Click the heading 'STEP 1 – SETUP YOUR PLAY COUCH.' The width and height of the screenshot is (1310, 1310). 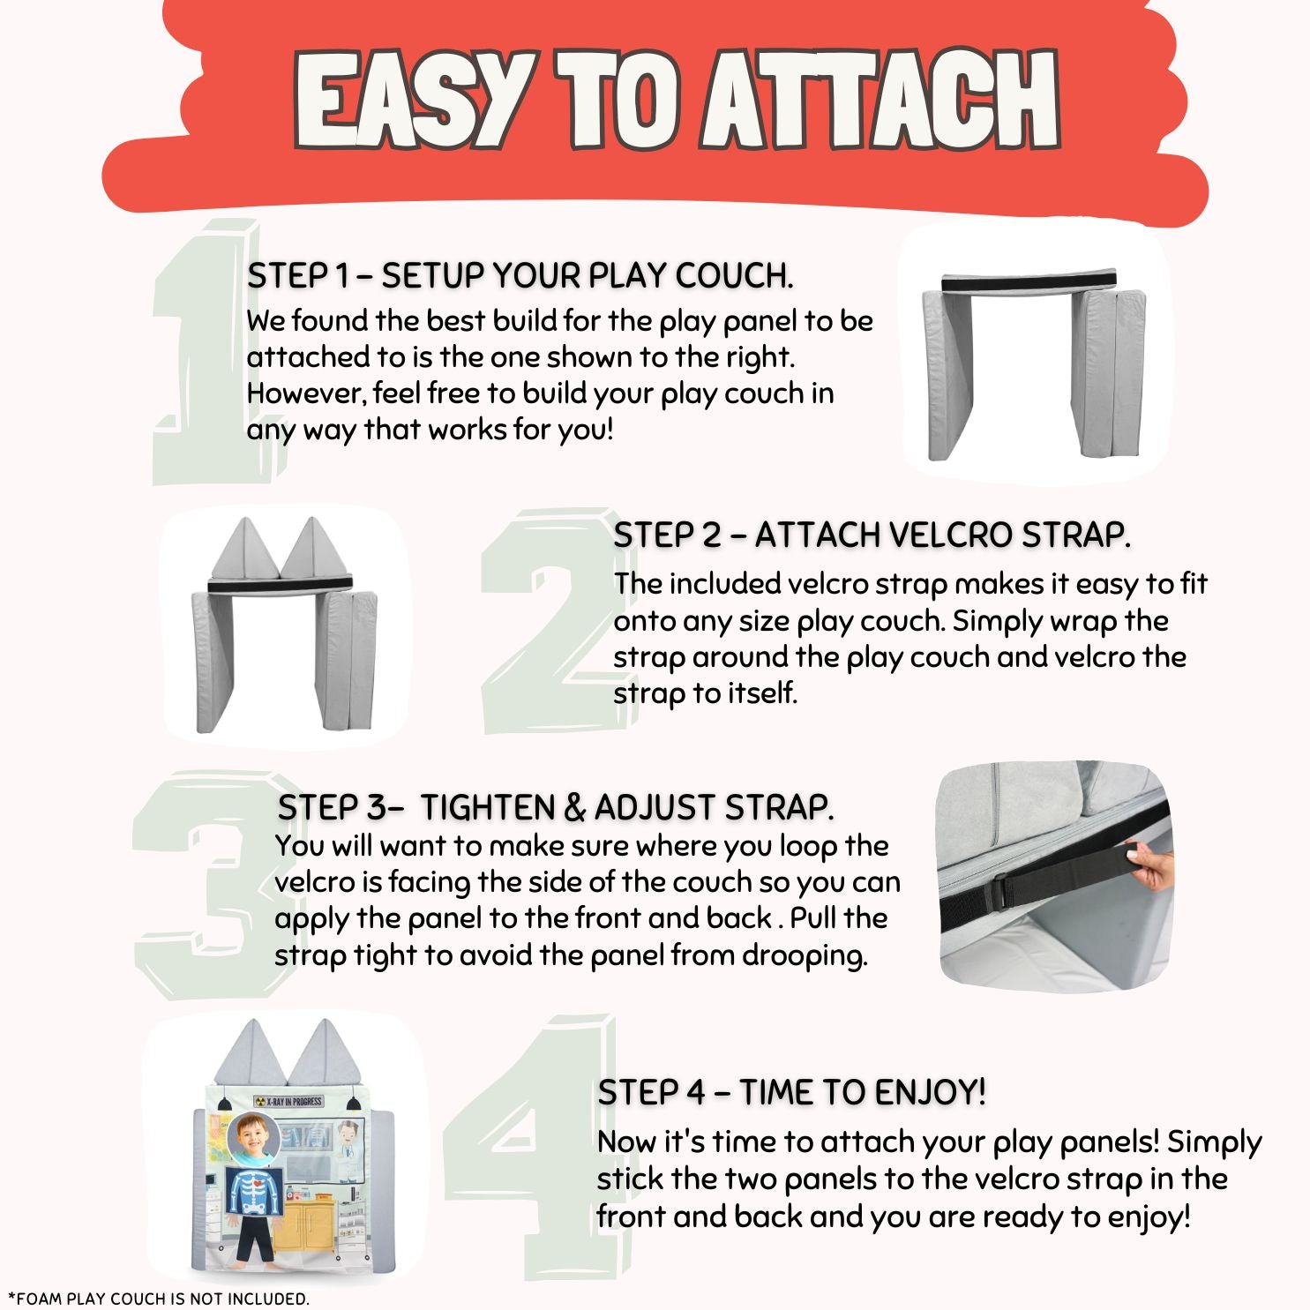tap(520, 276)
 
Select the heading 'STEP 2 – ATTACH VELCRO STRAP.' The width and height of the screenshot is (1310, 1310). tap(872, 535)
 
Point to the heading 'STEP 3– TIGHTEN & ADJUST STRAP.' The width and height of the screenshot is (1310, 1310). tap(556, 807)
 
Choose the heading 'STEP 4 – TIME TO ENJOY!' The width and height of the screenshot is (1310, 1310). tap(791, 1092)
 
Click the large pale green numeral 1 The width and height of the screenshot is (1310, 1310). tap(203, 353)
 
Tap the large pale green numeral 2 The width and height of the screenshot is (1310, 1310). tap(556, 622)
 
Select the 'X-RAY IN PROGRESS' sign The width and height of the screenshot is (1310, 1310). tap(288, 1101)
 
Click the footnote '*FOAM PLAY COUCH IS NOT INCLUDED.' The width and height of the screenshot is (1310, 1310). tap(159, 1299)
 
